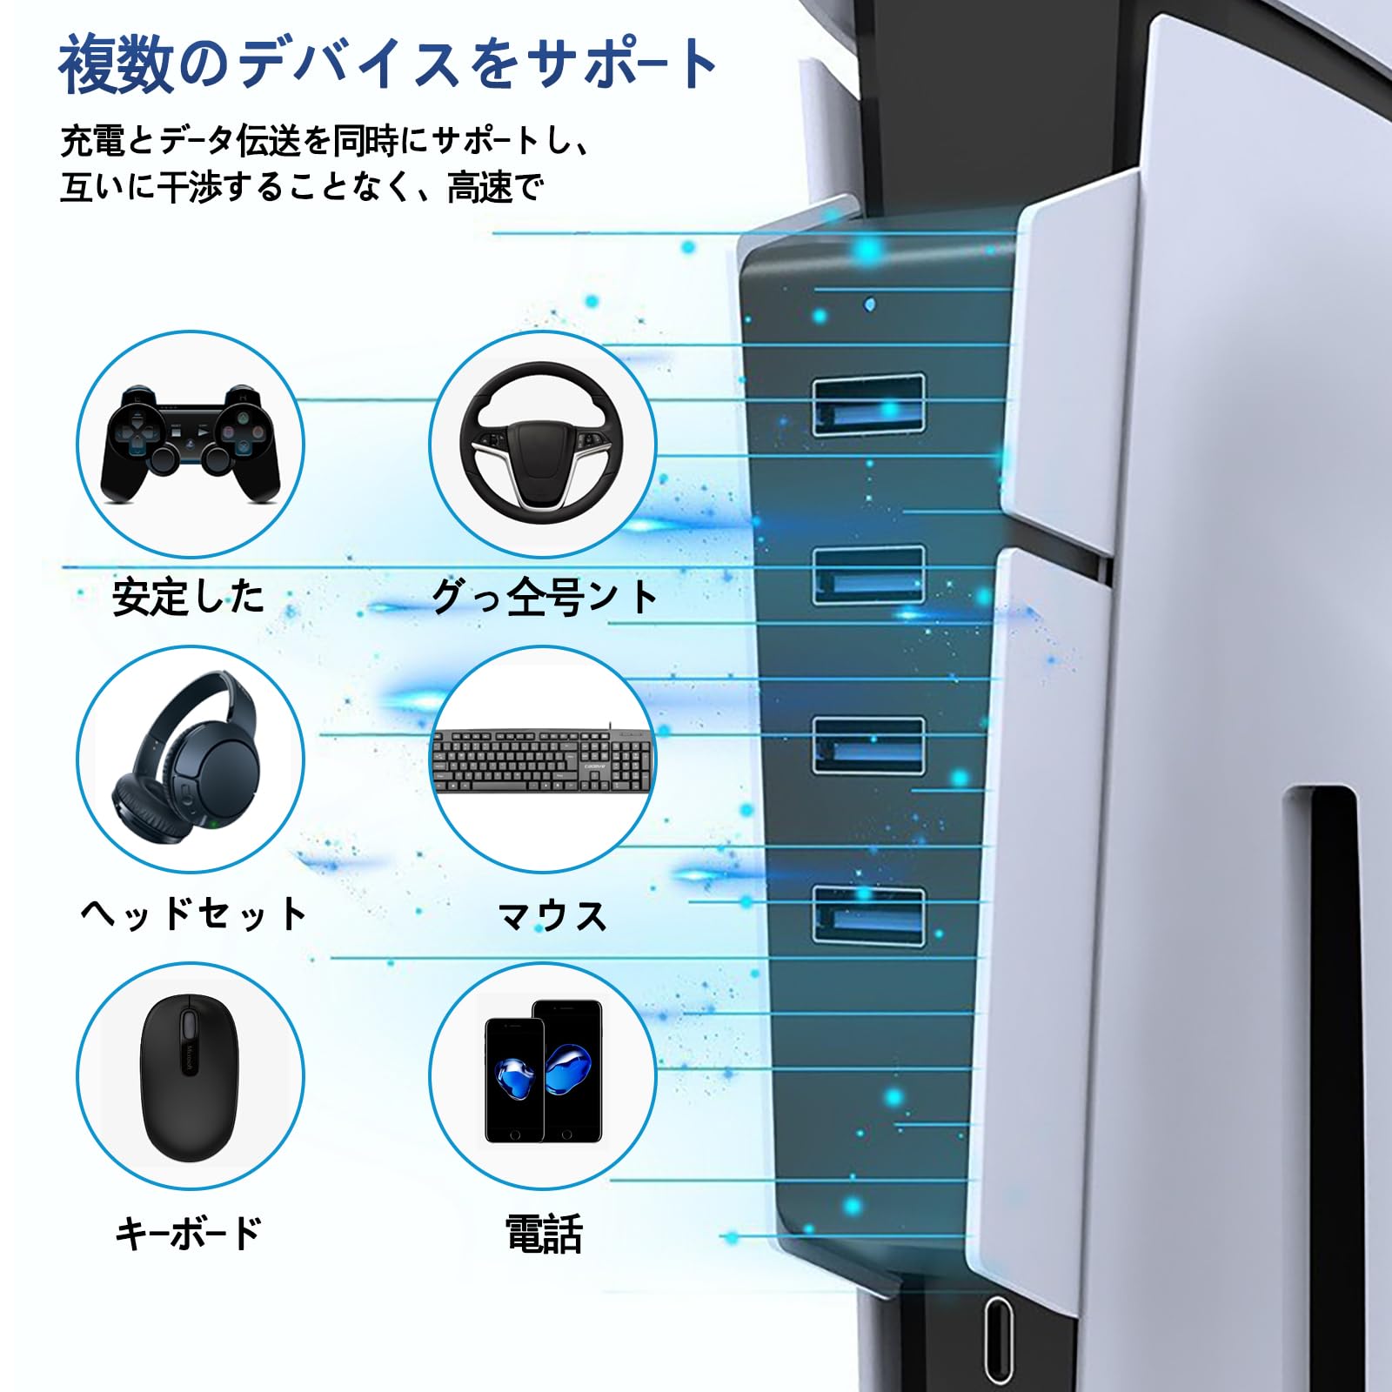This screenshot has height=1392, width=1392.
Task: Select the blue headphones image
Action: pos(191,759)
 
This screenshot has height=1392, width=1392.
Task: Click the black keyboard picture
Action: pos(542,760)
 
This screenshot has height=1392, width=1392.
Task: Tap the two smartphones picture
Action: pos(543,1072)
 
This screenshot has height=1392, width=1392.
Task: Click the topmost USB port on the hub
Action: pos(868,405)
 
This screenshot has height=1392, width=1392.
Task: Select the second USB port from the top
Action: pos(868,575)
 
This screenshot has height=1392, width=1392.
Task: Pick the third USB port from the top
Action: pos(868,746)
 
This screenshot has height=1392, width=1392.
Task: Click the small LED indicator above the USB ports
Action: pos(871,304)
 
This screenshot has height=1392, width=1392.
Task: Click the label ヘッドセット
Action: pos(193,914)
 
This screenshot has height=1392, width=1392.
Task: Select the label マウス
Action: pos(552,916)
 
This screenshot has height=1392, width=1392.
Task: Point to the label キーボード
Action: pos(189,1233)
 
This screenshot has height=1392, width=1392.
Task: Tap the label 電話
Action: pos(544,1234)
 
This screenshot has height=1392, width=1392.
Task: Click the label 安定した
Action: pos(188,598)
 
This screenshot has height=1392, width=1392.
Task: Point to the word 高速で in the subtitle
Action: pos(495,187)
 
